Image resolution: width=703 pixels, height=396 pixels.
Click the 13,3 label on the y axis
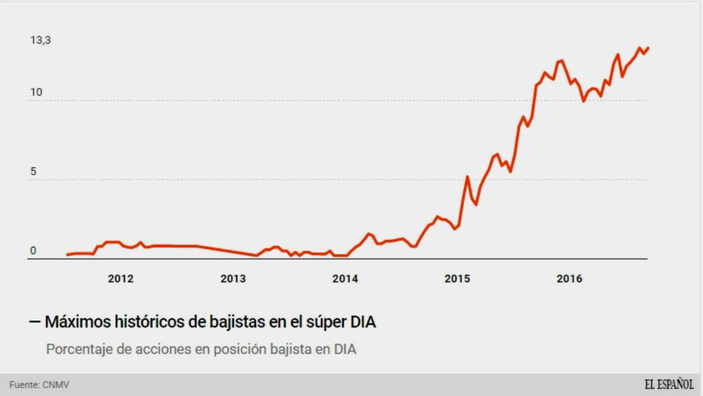(x=40, y=40)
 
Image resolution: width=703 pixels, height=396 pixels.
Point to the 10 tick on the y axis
(x=36, y=92)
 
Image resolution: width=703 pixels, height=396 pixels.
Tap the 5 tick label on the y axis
(x=33, y=171)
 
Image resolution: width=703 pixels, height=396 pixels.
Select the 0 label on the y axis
(x=33, y=250)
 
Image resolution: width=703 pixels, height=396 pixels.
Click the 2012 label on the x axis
(x=120, y=279)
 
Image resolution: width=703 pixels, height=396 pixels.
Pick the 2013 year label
(x=233, y=279)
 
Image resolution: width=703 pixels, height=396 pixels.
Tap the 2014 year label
(x=345, y=279)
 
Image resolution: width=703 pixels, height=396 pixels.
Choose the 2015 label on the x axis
(x=457, y=279)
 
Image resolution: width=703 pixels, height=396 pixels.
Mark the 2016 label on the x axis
(x=569, y=279)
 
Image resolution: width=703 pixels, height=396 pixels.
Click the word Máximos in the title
(x=77, y=322)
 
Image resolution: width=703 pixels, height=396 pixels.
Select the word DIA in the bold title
(x=363, y=322)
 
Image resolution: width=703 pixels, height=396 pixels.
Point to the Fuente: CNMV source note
(x=39, y=385)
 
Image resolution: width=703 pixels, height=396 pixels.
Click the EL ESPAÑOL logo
(x=668, y=384)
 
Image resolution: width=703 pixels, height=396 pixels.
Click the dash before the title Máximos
(x=35, y=322)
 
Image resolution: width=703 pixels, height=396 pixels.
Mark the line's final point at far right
(x=648, y=48)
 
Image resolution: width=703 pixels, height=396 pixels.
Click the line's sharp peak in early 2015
(x=467, y=177)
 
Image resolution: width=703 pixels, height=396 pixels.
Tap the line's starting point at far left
(x=68, y=255)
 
